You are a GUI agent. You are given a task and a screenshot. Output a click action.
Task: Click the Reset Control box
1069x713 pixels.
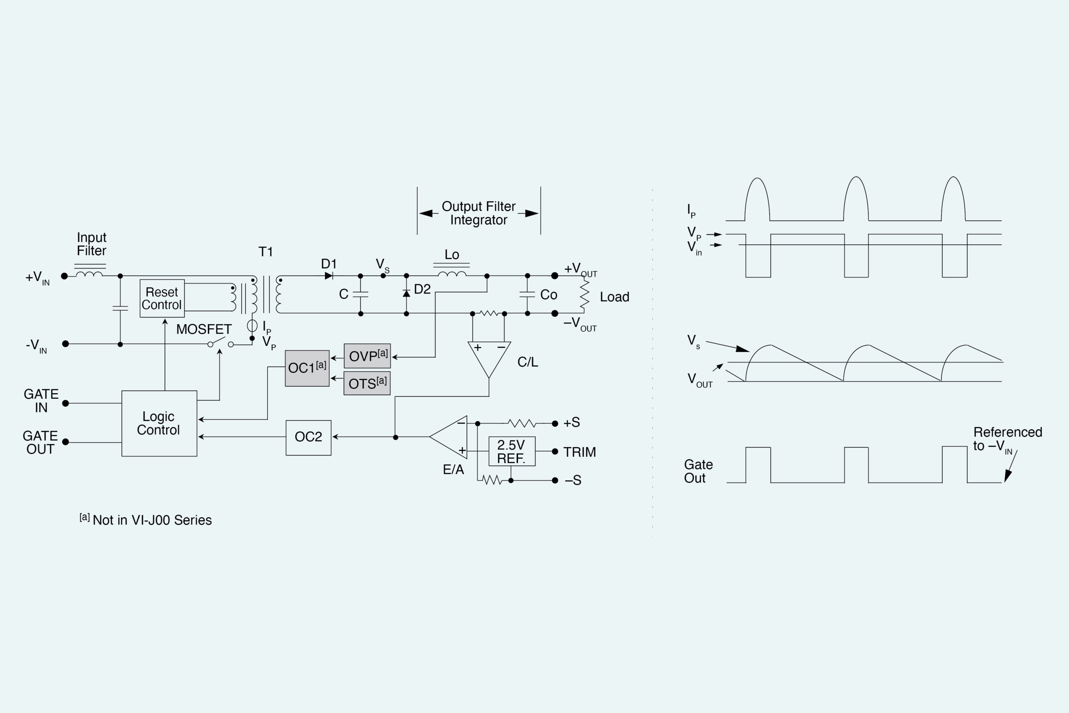coord(162,298)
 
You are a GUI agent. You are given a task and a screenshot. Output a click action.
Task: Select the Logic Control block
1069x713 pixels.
coord(159,423)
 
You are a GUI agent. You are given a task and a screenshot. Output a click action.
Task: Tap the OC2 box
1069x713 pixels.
coord(308,437)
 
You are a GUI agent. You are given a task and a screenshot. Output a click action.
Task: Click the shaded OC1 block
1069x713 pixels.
coord(307,368)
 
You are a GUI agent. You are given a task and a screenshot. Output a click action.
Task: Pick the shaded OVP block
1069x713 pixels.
coord(367,356)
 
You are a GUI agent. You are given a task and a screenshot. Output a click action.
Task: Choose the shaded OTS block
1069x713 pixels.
coord(367,383)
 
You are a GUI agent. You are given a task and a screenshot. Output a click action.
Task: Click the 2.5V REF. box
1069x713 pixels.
coord(512,452)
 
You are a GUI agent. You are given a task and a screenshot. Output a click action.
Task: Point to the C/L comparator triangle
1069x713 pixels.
coord(489,358)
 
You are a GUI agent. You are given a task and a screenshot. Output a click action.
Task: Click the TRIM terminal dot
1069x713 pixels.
coord(555,452)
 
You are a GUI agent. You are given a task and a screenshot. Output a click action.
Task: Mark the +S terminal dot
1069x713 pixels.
coord(555,424)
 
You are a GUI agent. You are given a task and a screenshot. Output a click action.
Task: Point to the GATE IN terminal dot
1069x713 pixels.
coord(66,404)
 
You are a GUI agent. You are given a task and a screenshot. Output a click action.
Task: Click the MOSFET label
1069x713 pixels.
coord(204,329)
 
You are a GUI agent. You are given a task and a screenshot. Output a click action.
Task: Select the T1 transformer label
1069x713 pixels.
coord(265,252)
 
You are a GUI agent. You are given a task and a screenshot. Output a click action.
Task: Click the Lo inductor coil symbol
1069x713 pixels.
coord(452,274)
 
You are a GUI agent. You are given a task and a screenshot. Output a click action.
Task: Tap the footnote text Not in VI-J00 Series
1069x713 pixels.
coord(152,520)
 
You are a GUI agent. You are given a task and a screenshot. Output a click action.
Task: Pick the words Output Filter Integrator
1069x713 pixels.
coord(479,213)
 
